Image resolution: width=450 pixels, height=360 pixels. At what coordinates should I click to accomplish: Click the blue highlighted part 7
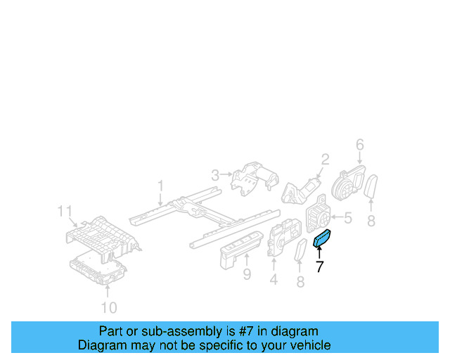coord(324,240)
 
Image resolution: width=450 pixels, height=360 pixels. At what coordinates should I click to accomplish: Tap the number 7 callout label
coord(319,266)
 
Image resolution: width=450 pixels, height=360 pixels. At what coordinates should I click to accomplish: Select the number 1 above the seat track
coord(160,186)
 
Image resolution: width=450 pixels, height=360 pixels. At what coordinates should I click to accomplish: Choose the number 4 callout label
coord(273,280)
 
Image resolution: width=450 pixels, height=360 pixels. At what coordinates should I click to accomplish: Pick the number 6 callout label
coord(359,145)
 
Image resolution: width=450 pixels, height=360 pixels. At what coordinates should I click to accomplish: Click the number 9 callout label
coord(247,274)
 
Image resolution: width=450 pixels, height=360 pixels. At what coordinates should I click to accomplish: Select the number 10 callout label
coord(108,307)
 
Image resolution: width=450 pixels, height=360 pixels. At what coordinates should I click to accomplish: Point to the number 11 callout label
coord(65,210)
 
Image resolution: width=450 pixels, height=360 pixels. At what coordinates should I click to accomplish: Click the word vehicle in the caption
coord(308,345)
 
